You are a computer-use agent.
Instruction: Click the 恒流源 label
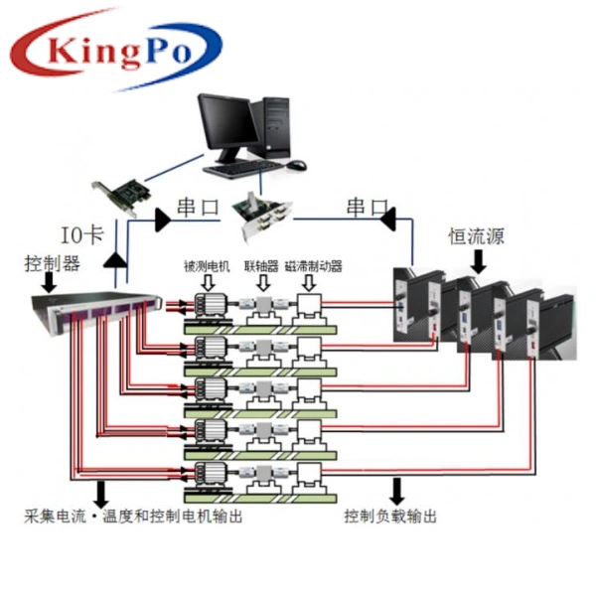click(476, 238)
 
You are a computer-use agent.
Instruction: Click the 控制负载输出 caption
click(390, 517)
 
